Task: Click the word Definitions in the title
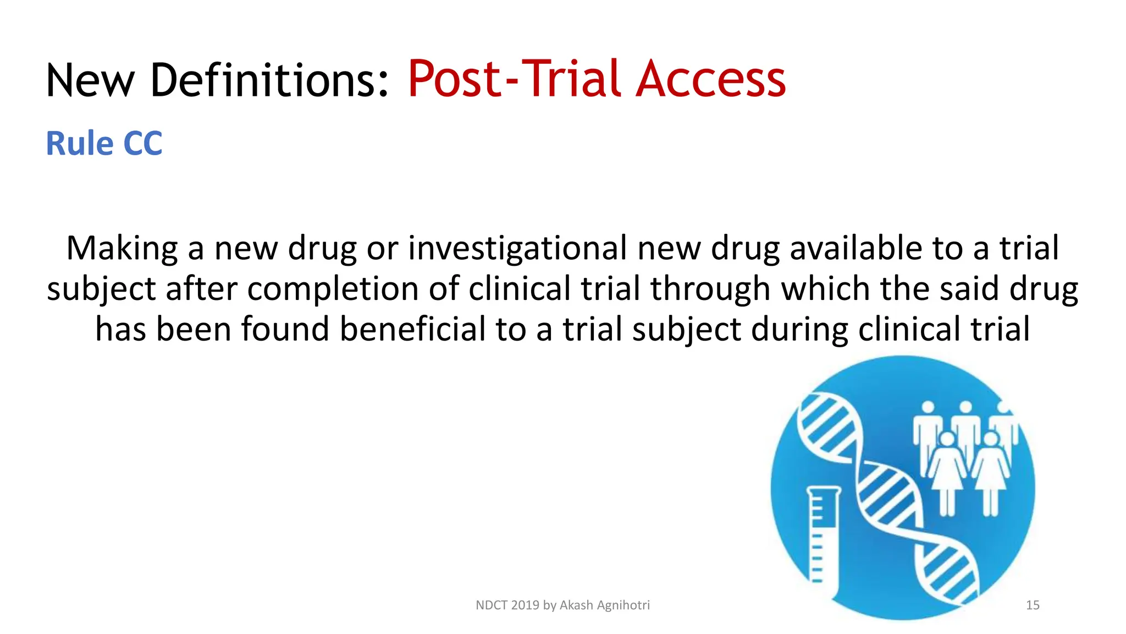pyautogui.click(x=269, y=80)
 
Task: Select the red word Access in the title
pyautogui.click(x=711, y=80)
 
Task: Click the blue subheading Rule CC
pyautogui.click(x=104, y=144)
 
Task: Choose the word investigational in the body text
pyautogui.click(x=517, y=249)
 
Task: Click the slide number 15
pyautogui.click(x=1033, y=605)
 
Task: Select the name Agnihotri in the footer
pyautogui.click(x=623, y=605)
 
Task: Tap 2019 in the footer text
pyautogui.click(x=525, y=605)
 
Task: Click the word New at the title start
pyautogui.click(x=91, y=80)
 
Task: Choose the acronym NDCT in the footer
pyautogui.click(x=492, y=605)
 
